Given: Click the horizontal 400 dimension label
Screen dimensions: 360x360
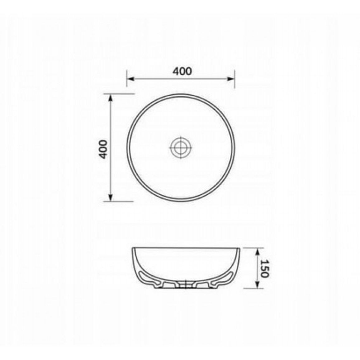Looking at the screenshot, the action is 182,71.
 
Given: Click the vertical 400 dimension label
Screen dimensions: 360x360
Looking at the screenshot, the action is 103,149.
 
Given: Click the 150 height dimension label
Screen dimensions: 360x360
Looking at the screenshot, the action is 264,268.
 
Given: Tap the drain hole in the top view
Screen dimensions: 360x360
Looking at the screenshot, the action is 181,147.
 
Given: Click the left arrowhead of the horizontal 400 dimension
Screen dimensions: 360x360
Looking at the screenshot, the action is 130,79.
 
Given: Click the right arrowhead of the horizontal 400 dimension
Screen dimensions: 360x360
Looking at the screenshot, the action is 231,79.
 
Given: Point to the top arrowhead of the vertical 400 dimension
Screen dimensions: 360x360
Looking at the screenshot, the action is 111,97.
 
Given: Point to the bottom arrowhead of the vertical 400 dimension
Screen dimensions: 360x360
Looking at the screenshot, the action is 111,197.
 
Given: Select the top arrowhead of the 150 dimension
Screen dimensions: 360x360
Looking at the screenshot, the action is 258,251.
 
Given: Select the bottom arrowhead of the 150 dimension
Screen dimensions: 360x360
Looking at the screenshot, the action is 258,285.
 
